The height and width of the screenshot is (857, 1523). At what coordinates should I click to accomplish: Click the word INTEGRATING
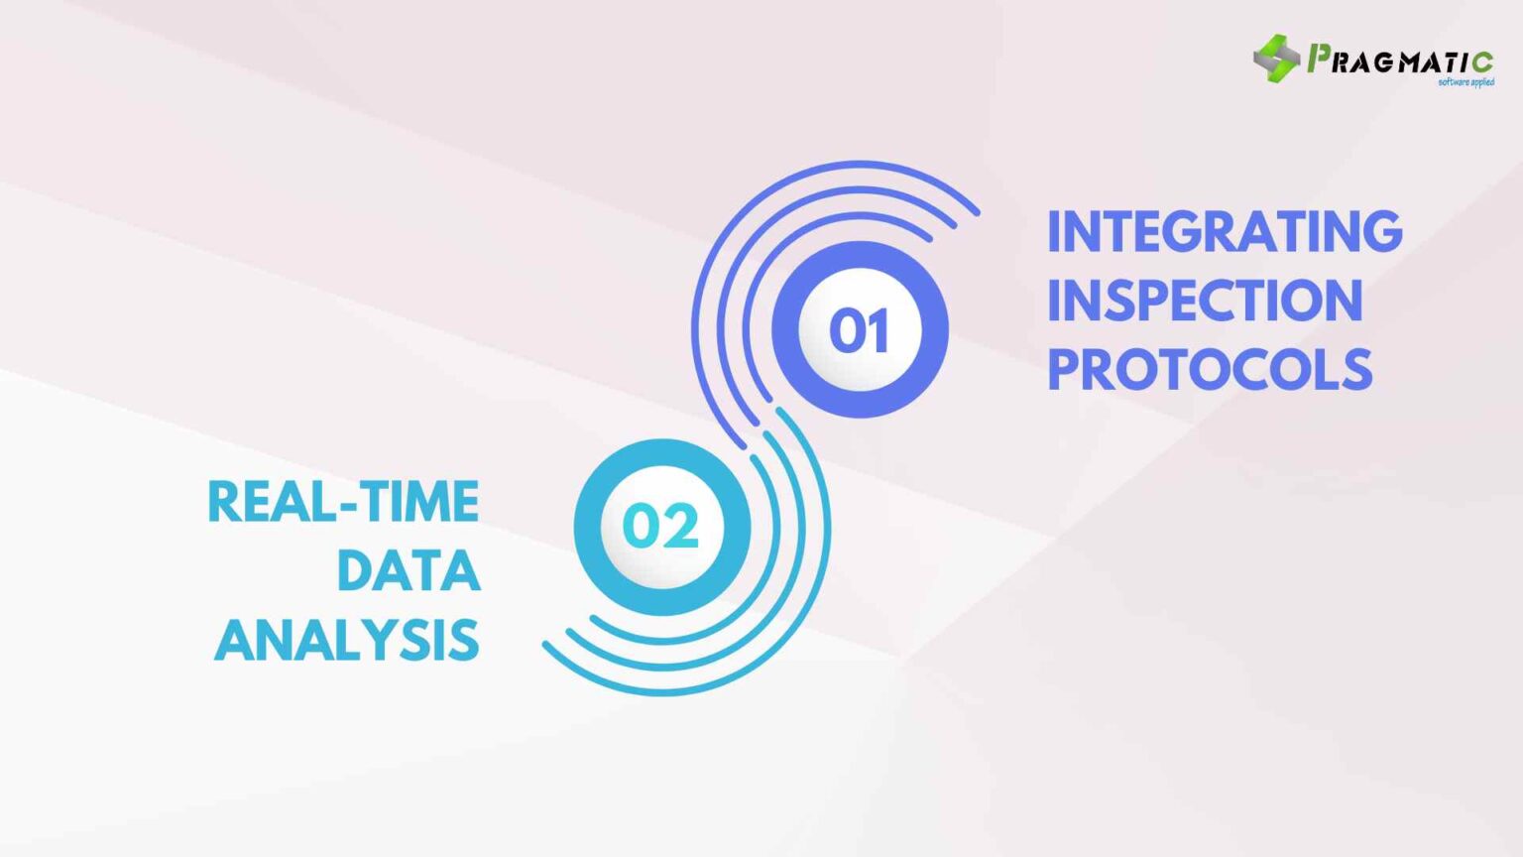[x=1225, y=232]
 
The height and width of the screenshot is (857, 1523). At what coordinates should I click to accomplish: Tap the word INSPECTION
[x=1205, y=301]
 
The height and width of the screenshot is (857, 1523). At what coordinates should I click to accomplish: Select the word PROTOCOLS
[x=1210, y=370]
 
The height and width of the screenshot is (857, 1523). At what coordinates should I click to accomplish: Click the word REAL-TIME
[x=343, y=502]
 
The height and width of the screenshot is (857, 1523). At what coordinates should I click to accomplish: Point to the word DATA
[x=409, y=571]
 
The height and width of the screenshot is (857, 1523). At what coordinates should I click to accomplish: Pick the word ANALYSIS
[x=347, y=641]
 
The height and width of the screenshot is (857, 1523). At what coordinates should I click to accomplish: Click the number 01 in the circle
[x=859, y=330]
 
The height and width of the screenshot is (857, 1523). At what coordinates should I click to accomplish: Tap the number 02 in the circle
[x=660, y=526]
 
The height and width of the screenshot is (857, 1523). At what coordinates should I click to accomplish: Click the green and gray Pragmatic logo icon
[x=1276, y=59]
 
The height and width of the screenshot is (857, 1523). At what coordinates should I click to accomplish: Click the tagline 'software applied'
[x=1465, y=82]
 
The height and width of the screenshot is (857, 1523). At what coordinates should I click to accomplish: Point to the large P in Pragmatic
[x=1320, y=59]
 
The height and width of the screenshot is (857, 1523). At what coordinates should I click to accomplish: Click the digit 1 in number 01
[x=878, y=330]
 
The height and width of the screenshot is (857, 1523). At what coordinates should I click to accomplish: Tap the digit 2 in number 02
[x=681, y=526]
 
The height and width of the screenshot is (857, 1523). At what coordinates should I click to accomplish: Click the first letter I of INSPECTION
[x=1055, y=301]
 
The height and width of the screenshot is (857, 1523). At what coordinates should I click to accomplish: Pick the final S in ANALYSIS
[x=466, y=641]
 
